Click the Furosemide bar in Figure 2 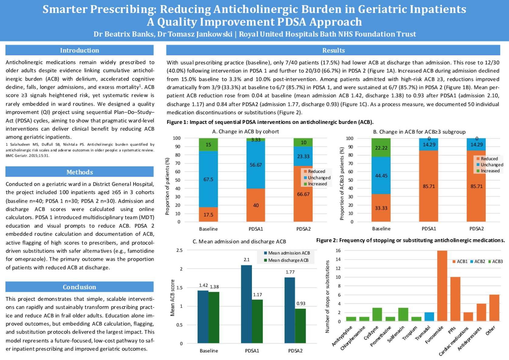[x=442, y=286]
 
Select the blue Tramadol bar [x=429, y=317]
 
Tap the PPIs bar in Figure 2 [x=455, y=299]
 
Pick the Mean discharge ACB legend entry [x=286, y=260]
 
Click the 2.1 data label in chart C [x=246, y=260]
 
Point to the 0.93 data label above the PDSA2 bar [x=301, y=303]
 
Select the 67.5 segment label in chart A [x=208, y=180]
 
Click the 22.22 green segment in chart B [x=381, y=148]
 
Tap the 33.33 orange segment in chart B [x=381, y=208]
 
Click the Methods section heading [x=80, y=172]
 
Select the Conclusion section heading [x=80, y=287]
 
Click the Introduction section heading [x=80, y=50]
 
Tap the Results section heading [x=333, y=50]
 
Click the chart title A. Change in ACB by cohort [x=245, y=132]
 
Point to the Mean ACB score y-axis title [x=173, y=298]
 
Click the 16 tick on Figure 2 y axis [x=338, y=251]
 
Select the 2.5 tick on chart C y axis [x=179, y=250]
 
